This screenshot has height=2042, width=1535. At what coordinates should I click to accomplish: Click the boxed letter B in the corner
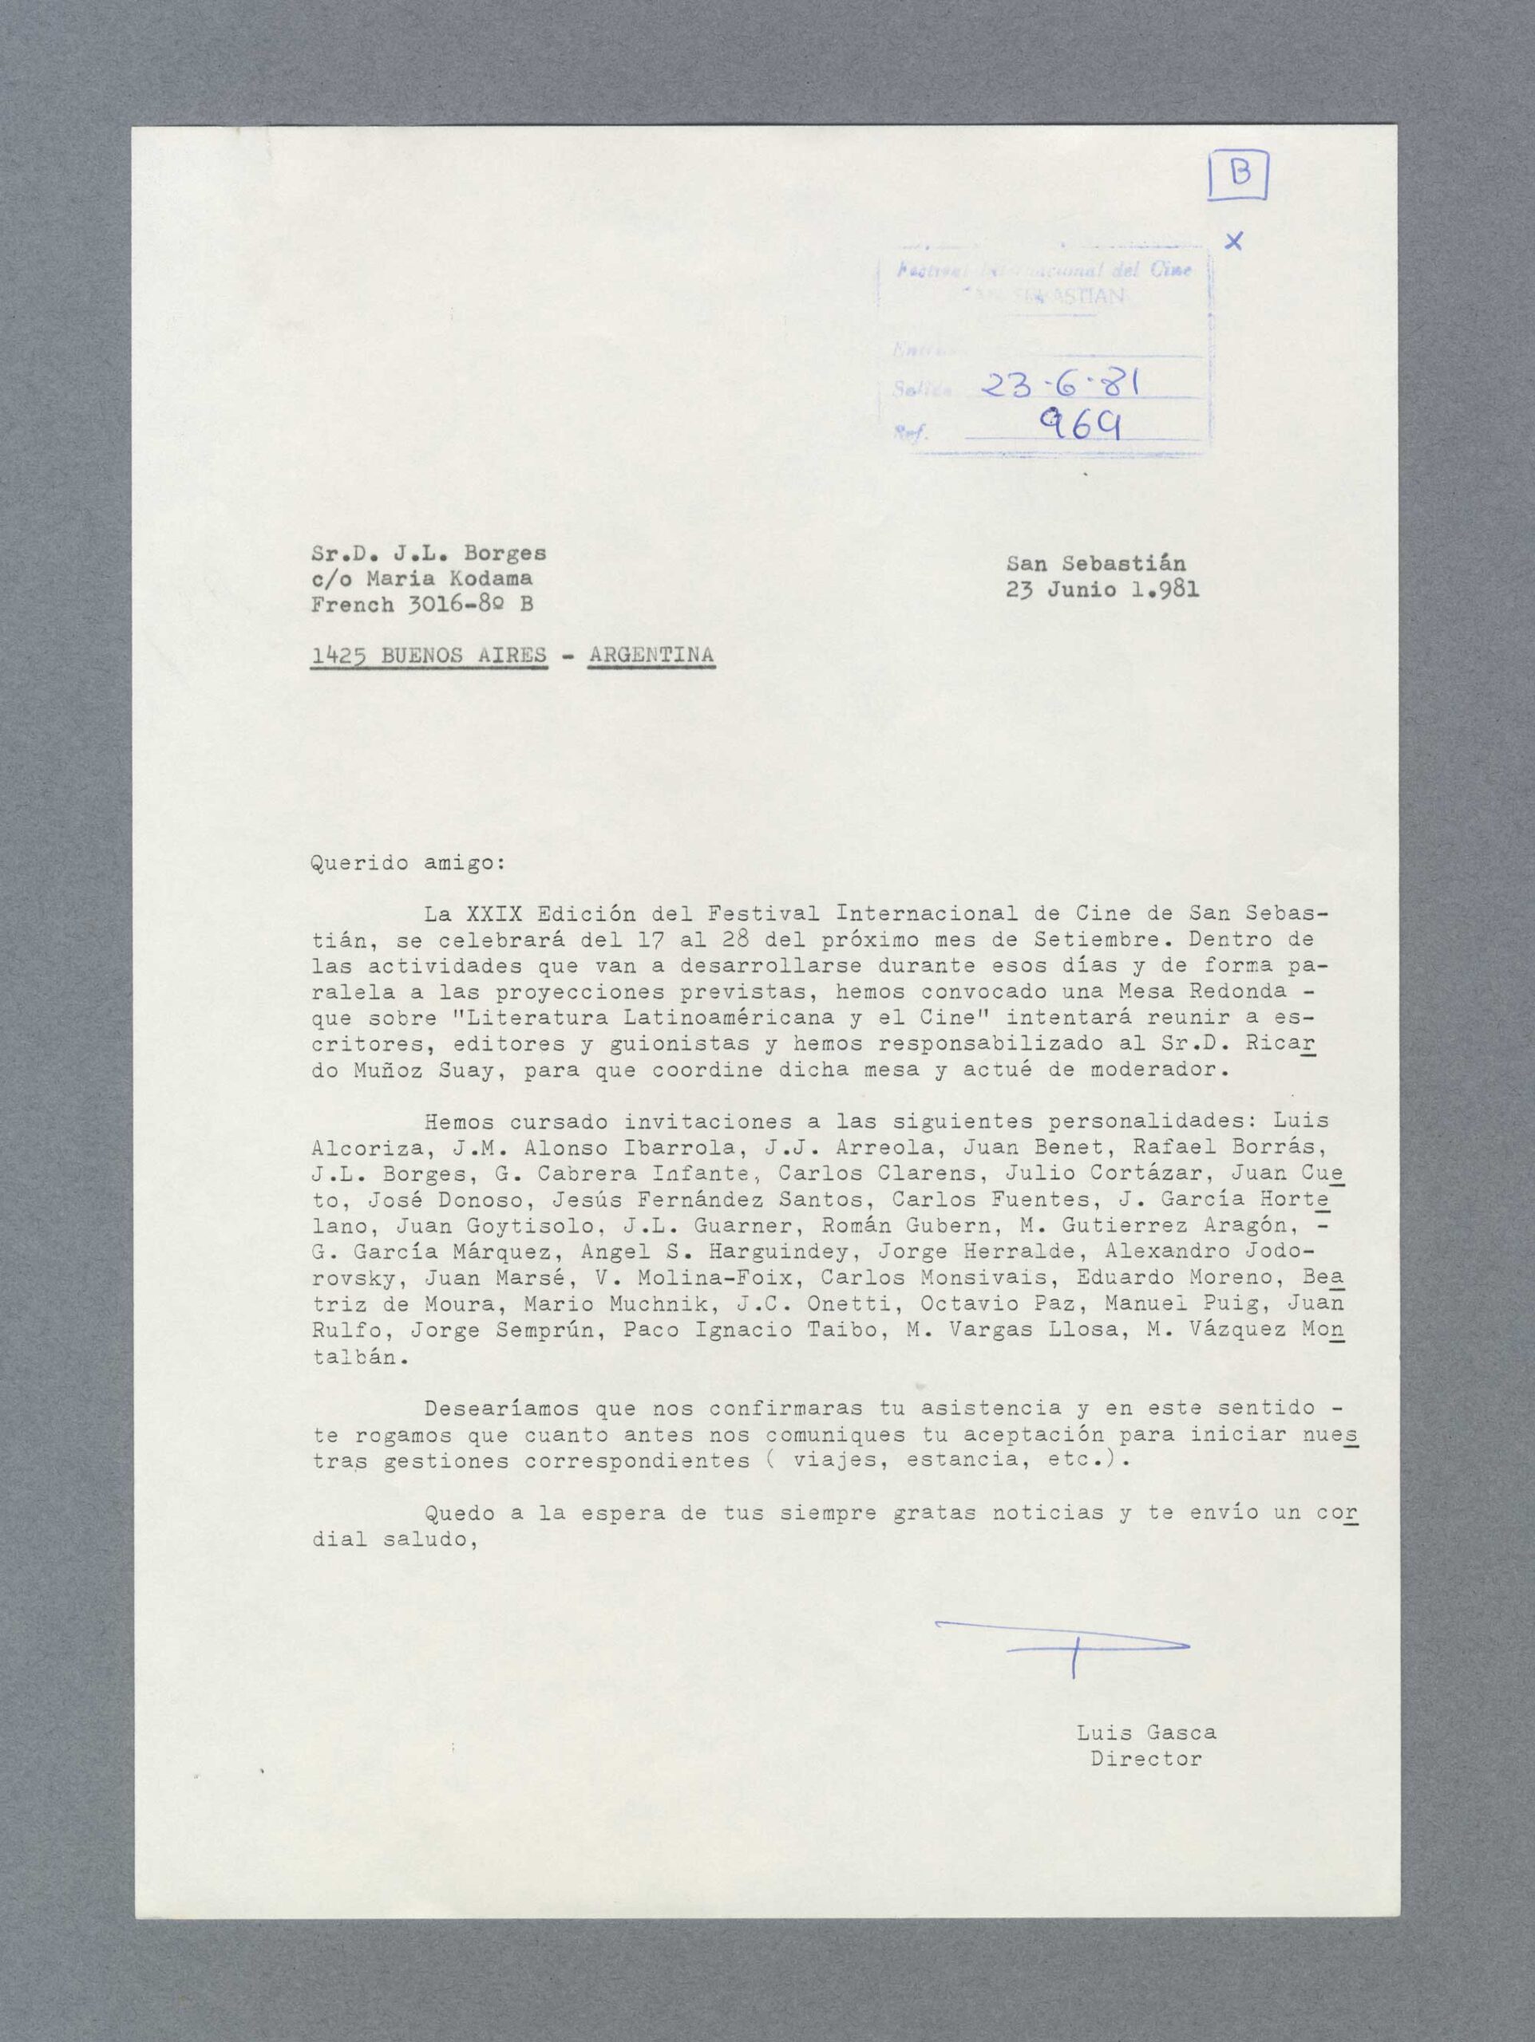point(1239,175)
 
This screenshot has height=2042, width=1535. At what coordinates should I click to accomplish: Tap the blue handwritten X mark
point(1233,242)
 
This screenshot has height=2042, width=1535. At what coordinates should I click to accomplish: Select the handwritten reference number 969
point(1080,427)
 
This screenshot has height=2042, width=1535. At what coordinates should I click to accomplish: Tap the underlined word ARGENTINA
point(651,656)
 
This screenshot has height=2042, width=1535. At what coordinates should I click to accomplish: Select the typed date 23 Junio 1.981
point(1103,590)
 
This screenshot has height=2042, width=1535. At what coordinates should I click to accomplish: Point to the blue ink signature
point(1062,1647)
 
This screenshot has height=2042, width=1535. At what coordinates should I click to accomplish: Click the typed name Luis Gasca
point(1145,1733)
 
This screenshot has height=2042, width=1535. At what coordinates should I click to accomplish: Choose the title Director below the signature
point(1145,1760)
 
